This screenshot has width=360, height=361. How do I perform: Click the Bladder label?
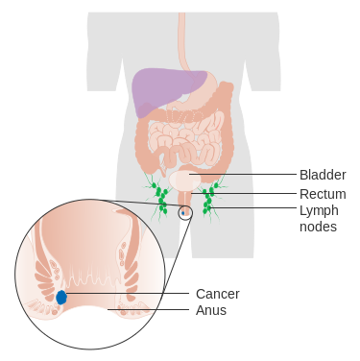322,175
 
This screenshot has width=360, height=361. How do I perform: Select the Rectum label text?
322,193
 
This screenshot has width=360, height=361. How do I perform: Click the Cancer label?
217,293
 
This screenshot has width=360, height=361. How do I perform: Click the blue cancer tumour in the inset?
61,298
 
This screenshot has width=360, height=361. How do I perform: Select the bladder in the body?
186,180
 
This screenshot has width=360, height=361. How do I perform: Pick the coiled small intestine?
182,144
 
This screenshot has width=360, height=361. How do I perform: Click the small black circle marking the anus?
186,212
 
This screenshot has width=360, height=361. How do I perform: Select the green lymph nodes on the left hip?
159,197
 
